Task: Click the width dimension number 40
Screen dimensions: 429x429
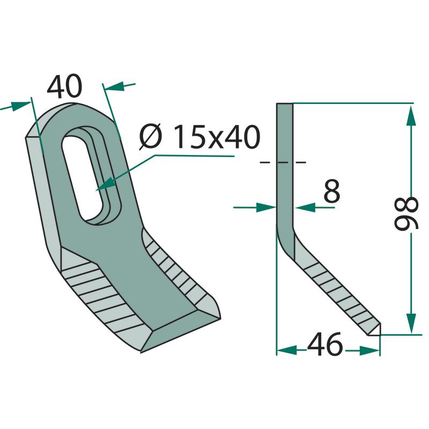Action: pos(64,86)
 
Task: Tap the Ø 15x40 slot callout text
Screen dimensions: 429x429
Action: pos(199,137)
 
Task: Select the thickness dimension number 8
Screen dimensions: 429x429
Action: pos(331,191)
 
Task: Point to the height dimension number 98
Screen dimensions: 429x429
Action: pos(406,213)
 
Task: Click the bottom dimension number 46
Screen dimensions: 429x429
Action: pos(325,344)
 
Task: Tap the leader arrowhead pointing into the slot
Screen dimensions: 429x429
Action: pos(105,183)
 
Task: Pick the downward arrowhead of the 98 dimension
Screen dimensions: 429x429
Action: pos(411,323)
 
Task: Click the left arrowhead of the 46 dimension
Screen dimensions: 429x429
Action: pos(287,350)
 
